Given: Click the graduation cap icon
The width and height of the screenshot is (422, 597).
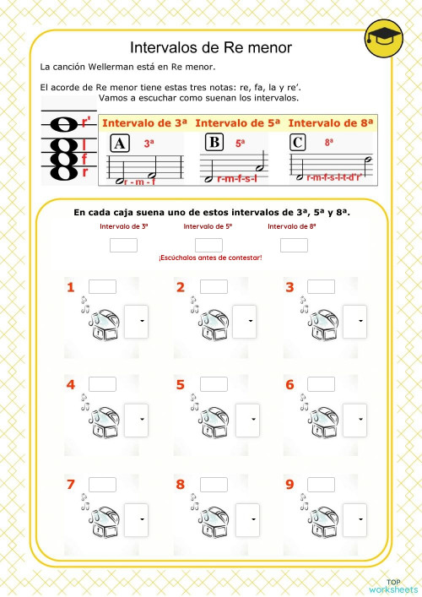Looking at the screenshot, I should (x=383, y=41).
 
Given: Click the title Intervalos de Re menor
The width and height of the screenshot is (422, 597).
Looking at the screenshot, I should (x=211, y=47).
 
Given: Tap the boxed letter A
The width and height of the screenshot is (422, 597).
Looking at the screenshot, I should (x=120, y=144).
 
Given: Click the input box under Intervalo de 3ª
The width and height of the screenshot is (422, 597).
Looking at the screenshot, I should (x=123, y=245).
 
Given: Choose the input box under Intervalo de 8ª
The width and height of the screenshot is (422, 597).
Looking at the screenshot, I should (x=294, y=245).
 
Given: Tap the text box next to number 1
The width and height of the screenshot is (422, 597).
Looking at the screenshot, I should (x=102, y=287).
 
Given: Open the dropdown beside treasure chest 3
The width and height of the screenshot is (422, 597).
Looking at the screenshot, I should (x=355, y=321).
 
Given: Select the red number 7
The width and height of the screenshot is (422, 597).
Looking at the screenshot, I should (x=71, y=485).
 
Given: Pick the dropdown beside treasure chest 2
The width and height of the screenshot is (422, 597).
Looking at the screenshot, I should (x=246, y=321).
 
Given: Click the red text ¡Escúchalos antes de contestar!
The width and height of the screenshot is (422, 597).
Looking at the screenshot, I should (x=209, y=257).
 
